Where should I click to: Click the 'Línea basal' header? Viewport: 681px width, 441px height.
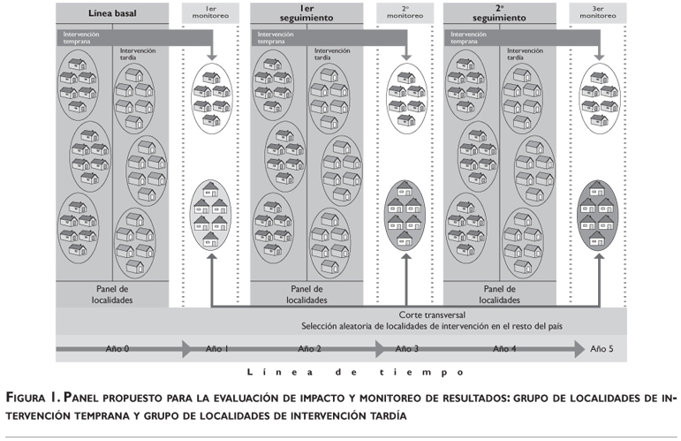point(112,14)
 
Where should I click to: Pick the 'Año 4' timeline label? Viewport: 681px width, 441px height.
point(503,349)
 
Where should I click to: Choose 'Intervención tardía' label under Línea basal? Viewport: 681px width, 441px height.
point(137,54)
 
